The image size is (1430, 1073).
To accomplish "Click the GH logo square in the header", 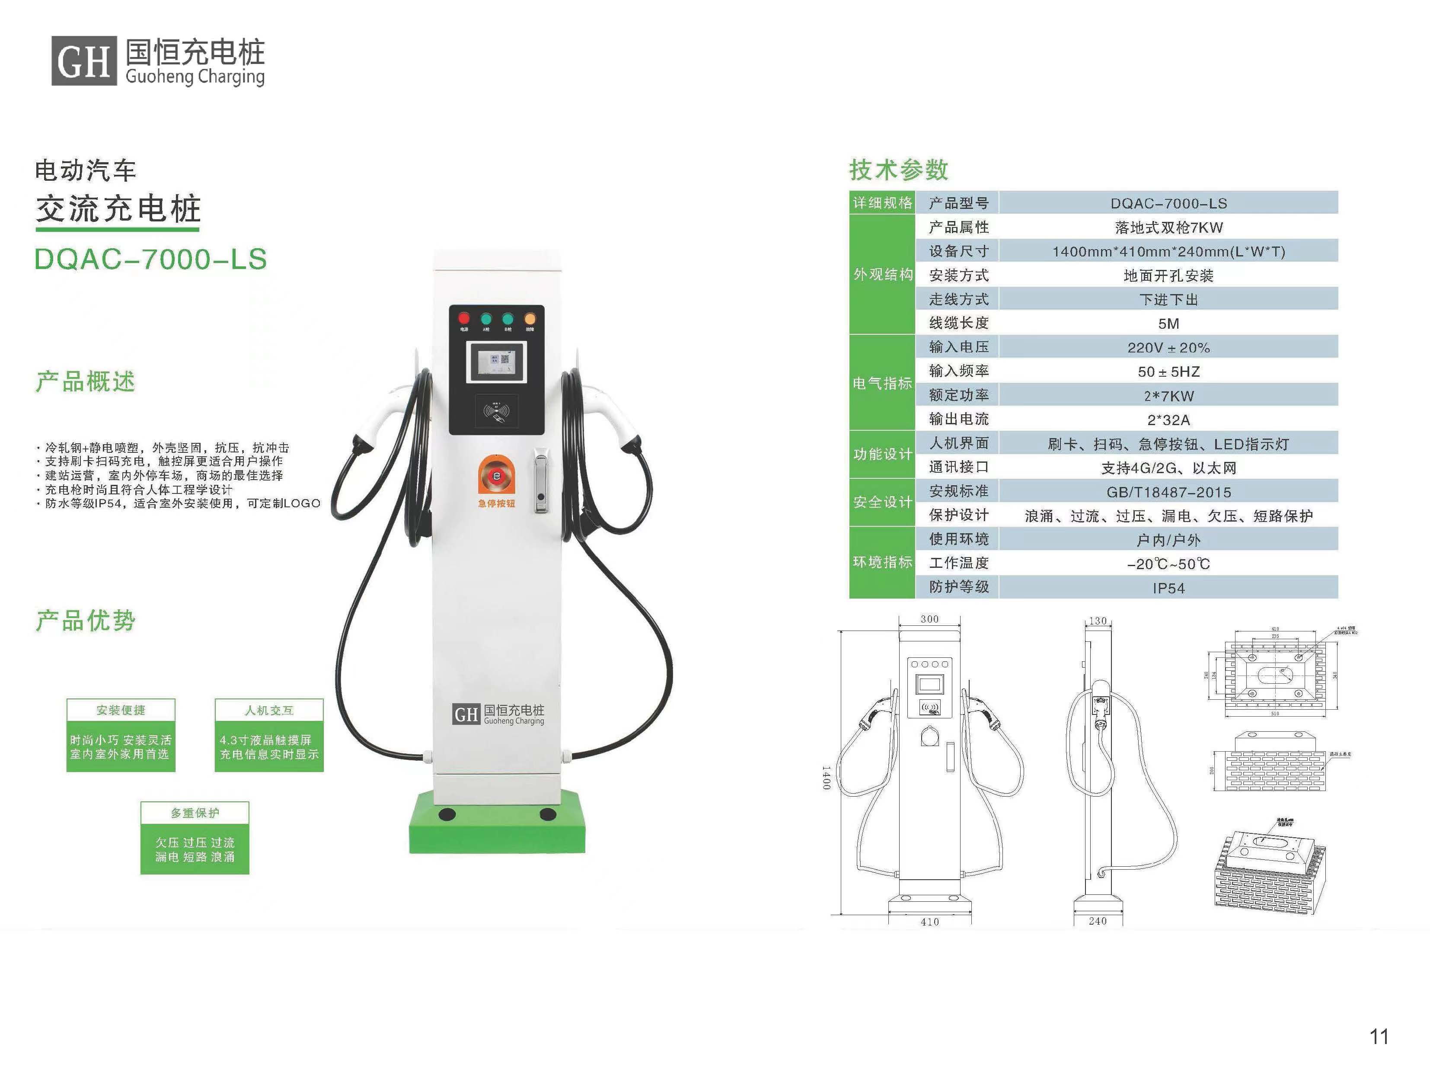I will pyautogui.click(x=84, y=61).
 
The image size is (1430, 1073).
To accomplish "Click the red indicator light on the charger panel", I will pyautogui.click(x=463, y=318).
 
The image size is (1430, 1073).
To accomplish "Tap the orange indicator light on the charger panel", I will pyautogui.click(x=530, y=318).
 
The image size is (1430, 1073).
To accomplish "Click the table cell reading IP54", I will pyautogui.click(x=1168, y=588).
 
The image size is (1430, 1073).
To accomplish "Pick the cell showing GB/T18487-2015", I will pyautogui.click(x=1168, y=492).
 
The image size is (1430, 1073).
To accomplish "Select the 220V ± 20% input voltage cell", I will pyautogui.click(x=1168, y=347).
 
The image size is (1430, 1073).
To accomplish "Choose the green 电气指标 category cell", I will pyautogui.click(x=882, y=383).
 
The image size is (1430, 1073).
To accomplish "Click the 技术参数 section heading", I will pyautogui.click(x=899, y=170).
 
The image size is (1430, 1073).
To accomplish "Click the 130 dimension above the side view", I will pyautogui.click(x=1098, y=620).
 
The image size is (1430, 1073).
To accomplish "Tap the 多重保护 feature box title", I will pyautogui.click(x=195, y=812).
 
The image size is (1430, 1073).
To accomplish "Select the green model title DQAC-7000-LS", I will pyautogui.click(x=150, y=259).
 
